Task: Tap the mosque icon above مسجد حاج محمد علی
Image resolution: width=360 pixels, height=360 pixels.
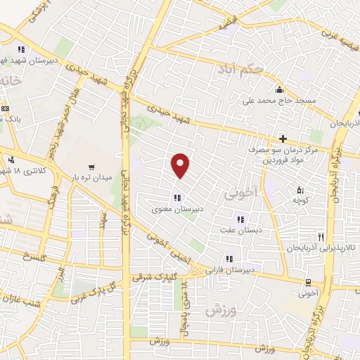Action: click(280, 89)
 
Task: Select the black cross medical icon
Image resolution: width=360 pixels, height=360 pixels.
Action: click(283, 139)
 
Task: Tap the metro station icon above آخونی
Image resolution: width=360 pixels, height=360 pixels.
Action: click(307, 283)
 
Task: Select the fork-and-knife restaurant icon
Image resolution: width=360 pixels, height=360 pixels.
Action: click(321, 237)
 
